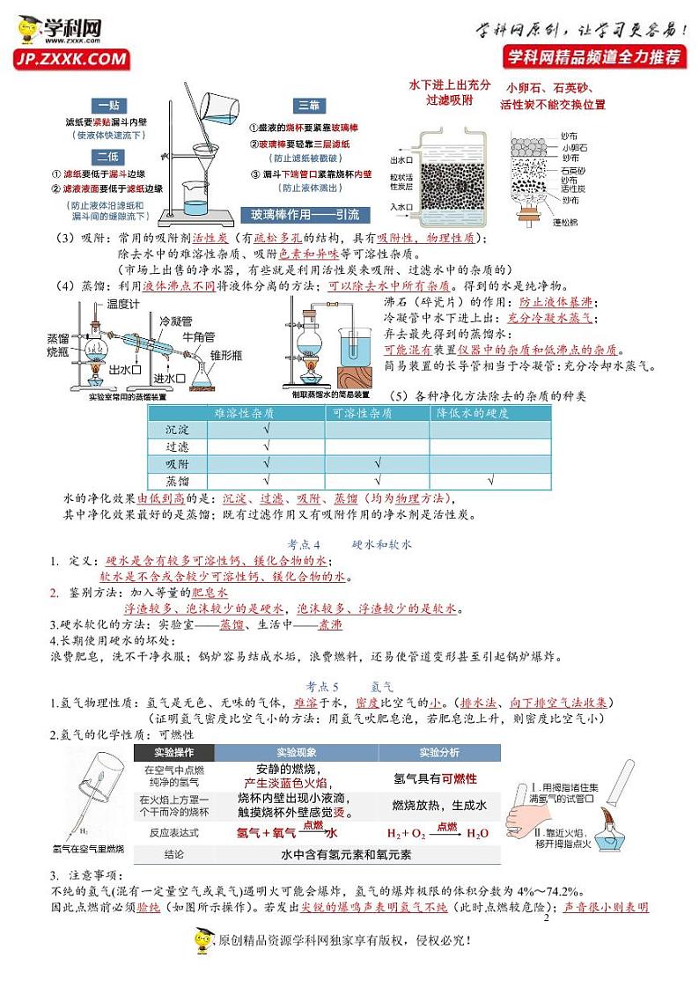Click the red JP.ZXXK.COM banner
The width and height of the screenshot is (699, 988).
click(70, 59)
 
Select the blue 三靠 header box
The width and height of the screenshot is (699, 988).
click(309, 105)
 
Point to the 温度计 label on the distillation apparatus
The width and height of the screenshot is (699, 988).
click(124, 304)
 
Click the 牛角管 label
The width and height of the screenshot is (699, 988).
click(201, 335)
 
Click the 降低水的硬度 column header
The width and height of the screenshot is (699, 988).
click(482, 413)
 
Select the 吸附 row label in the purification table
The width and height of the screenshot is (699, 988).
click(177, 464)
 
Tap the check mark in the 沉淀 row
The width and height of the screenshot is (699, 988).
click(267, 430)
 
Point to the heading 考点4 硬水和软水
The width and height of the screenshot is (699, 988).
click(349, 544)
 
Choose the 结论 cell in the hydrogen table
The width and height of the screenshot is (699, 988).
click(174, 855)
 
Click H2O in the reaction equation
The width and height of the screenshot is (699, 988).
click(478, 834)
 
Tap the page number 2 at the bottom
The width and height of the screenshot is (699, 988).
click(546, 918)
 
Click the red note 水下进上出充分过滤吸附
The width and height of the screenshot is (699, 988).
click(449, 92)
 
